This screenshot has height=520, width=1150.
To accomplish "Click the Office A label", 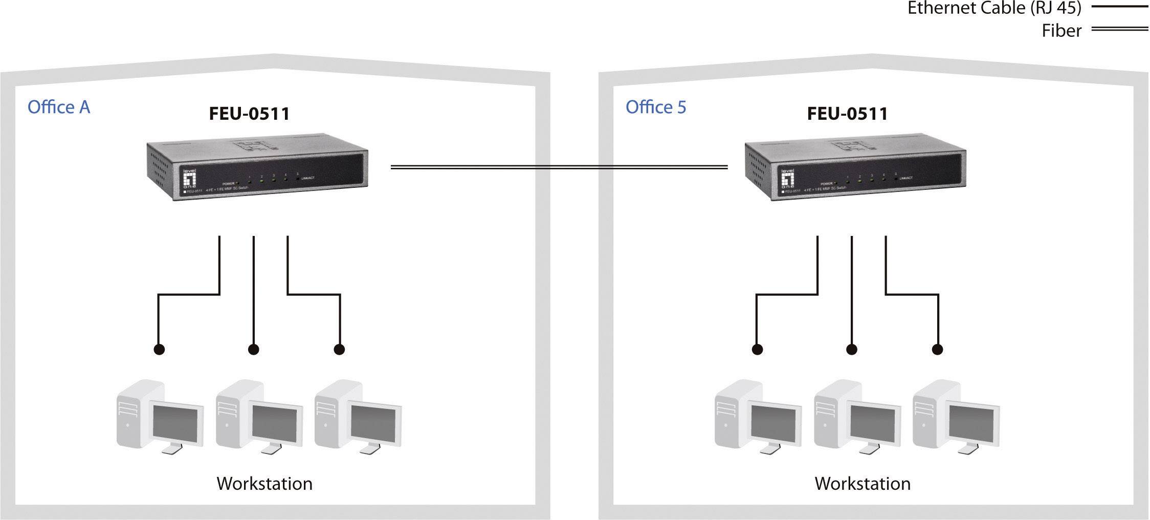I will tap(59, 107).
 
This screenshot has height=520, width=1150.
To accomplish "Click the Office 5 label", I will tap(655, 107).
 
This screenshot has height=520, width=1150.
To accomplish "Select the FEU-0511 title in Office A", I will tap(249, 114).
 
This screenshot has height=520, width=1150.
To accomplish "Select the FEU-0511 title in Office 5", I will tap(847, 114).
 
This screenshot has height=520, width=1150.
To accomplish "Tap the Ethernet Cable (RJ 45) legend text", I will tap(994, 8).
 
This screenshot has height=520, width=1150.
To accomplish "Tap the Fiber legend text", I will tap(1061, 31).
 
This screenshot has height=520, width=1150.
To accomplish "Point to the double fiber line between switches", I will tap(559, 167).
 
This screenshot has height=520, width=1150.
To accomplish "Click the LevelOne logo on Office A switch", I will tap(190, 180).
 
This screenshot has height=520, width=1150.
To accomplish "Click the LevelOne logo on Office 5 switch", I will tap(788, 180).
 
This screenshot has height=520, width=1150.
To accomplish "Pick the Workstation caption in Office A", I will tap(264, 483).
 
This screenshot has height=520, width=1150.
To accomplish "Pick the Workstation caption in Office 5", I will tap(862, 483).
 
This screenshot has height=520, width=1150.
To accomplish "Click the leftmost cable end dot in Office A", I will tap(159, 350).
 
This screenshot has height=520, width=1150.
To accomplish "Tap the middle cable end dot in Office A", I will tap(253, 350).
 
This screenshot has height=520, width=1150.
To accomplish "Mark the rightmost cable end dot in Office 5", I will tap(937, 350).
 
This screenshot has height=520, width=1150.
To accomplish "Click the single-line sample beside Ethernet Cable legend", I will tap(1119, 7).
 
